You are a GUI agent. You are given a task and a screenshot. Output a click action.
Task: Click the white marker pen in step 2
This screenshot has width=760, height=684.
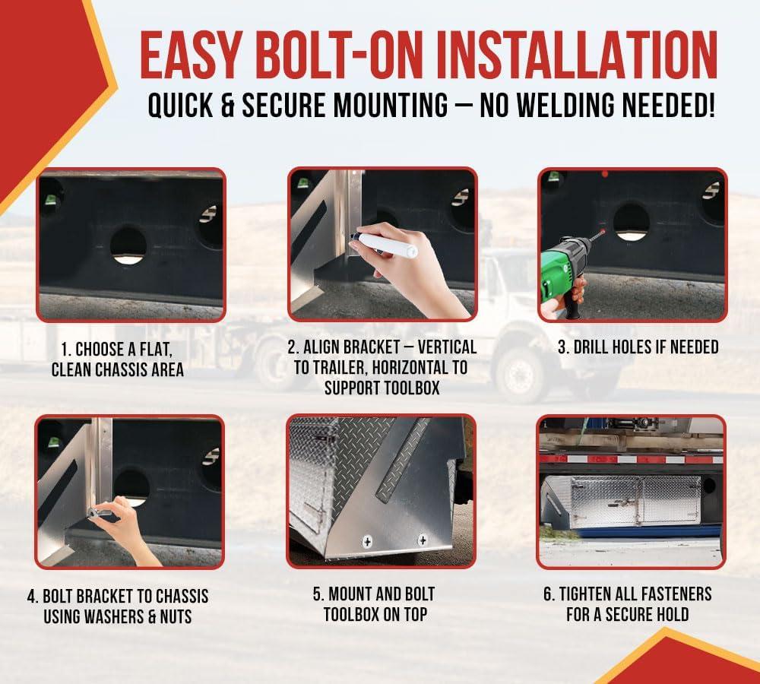tap(384, 244)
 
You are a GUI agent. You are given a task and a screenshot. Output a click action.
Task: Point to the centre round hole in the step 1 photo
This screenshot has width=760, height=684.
tap(128, 245)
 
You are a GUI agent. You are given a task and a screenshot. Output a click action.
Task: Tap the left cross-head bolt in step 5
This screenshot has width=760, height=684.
tap(367, 541)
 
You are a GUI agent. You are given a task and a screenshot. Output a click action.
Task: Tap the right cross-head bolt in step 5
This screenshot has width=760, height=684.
tap(423, 540)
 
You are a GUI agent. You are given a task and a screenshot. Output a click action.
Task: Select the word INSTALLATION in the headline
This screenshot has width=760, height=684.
tap(576, 55)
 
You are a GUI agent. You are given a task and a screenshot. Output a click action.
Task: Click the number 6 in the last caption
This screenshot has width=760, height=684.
tap(548, 594)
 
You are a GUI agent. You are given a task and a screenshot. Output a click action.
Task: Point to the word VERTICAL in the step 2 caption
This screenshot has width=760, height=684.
tap(447, 347)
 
